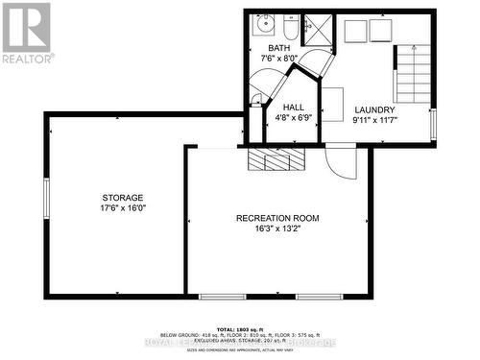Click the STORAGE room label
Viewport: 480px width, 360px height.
(x=124, y=197)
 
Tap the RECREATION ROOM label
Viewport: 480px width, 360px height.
(x=277, y=218)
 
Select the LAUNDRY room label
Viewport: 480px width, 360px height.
(x=374, y=109)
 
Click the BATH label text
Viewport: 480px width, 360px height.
(x=278, y=48)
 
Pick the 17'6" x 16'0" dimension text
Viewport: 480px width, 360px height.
(x=124, y=207)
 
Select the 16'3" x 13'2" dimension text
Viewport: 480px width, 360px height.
(x=277, y=228)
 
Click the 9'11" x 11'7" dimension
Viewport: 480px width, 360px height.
(x=374, y=120)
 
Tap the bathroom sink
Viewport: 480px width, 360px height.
(x=266, y=25)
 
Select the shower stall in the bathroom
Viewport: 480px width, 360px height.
(x=314, y=30)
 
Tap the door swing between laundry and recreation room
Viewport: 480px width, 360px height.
(x=339, y=158)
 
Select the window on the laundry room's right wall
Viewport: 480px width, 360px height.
(x=433, y=124)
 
